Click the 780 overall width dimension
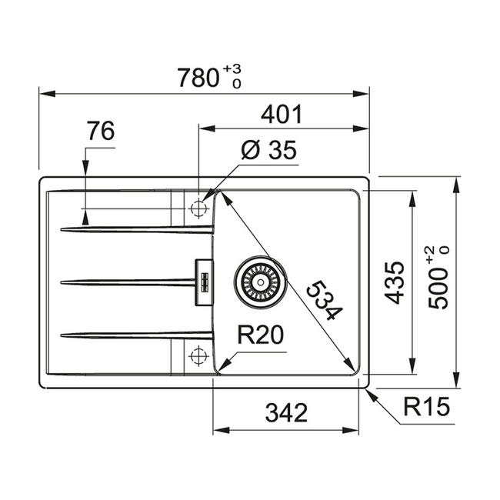coord(198,78)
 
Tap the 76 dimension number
coord(100,132)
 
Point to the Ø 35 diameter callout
coord(268,152)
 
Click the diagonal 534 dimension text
coord(322,301)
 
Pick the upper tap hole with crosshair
coord(198,208)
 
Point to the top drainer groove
coord(135,228)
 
